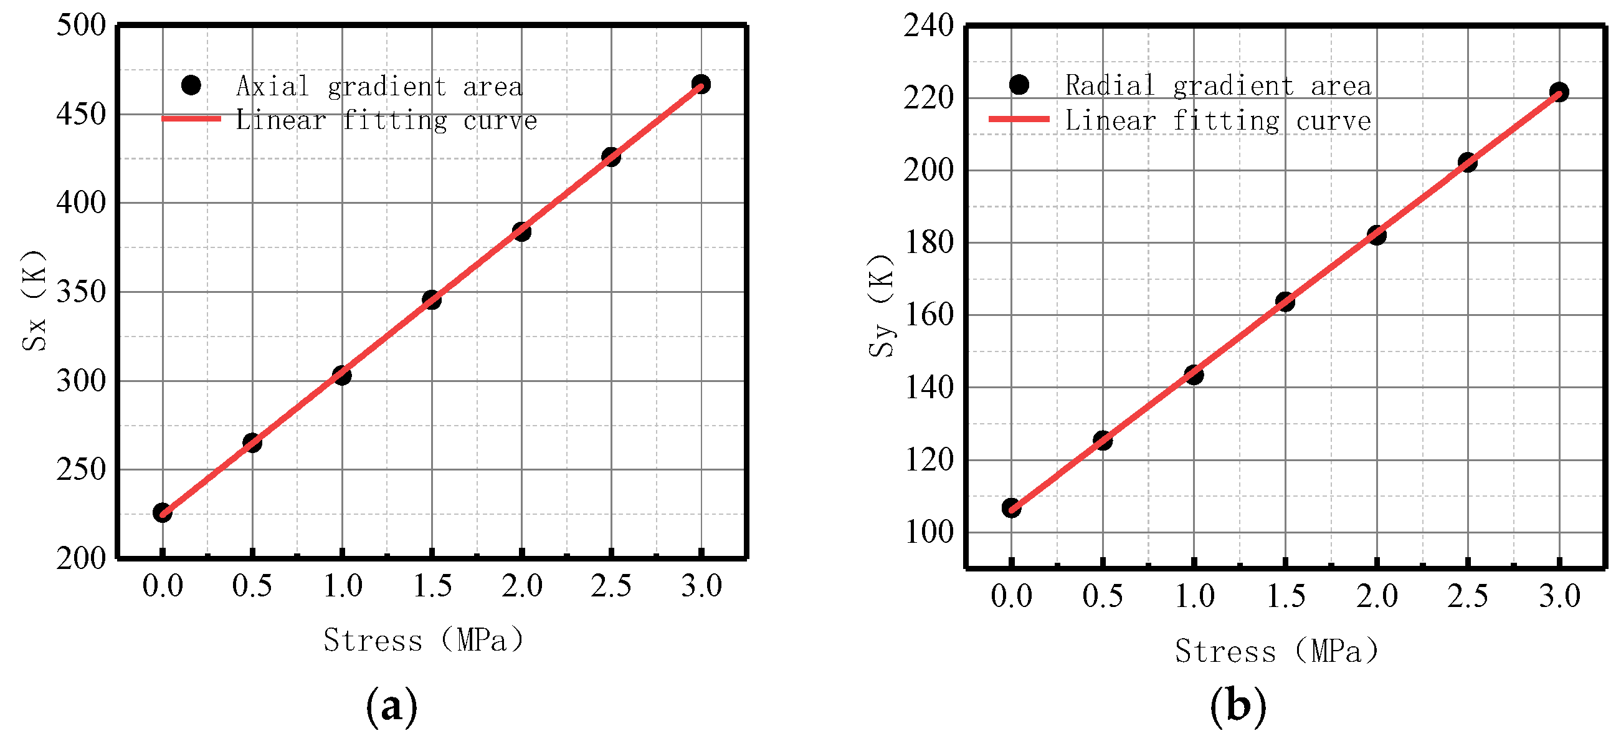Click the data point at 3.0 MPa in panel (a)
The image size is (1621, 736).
(701, 84)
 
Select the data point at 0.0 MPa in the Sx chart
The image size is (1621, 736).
(163, 512)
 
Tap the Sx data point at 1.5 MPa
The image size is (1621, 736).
(432, 300)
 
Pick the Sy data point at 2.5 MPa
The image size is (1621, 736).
(1468, 163)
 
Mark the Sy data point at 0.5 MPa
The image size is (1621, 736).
(1103, 440)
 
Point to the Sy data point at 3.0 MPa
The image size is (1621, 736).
(1559, 92)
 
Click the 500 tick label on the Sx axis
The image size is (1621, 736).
(81, 25)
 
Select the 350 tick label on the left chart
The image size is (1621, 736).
(81, 292)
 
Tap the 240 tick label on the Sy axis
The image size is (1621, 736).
(929, 26)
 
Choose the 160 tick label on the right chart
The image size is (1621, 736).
(929, 315)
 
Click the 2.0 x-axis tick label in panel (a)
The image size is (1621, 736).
(521, 586)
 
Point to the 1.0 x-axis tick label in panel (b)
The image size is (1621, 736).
(1194, 596)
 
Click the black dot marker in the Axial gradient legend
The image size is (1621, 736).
(191, 85)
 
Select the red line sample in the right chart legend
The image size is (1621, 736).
(1019, 119)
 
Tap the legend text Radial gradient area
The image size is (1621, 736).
(1218, 85)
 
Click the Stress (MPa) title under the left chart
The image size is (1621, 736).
(423, 640)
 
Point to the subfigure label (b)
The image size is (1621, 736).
(1238, 705)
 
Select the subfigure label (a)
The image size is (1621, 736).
(391, 705)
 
